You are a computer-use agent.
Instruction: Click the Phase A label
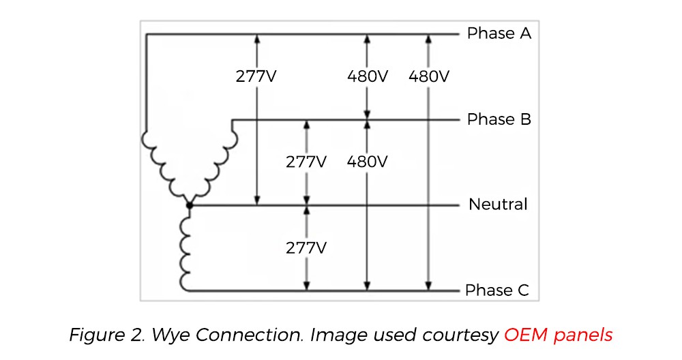499,33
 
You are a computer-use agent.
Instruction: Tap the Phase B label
499,119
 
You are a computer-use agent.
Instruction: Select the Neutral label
498,204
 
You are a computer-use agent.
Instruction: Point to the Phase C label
496,290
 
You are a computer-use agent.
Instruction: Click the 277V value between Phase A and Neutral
256,76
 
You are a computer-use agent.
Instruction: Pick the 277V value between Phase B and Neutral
306,162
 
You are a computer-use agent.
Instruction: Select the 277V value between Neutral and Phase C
306,247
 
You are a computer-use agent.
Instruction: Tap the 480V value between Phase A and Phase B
367,76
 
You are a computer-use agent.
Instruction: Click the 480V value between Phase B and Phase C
367,162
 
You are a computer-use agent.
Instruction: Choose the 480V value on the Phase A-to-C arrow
428,76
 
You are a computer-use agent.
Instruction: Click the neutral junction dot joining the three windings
190,205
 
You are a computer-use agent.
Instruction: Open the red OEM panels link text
558,335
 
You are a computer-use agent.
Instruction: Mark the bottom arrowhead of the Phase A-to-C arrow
428,286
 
